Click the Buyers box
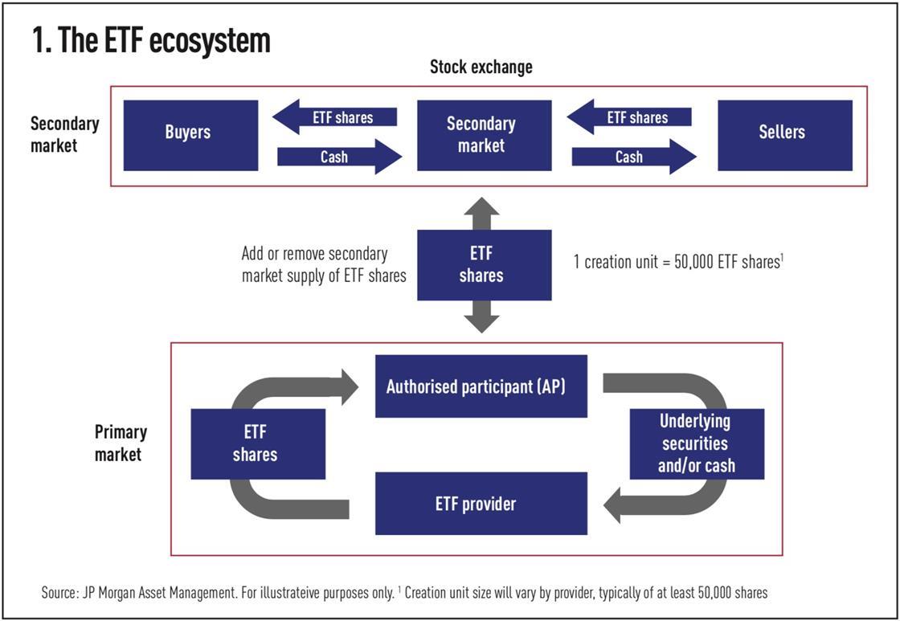pos(190,135)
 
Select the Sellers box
pos(784,135)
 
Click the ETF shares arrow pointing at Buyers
pos(335,117)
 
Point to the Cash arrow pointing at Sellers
pos(633,157)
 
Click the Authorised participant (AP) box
pos(481,386)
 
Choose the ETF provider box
pos(481,504)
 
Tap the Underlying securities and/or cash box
pos(697,443)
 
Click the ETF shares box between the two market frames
pos(484,264)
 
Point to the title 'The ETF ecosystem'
pos(151,40)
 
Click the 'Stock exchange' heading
pos(481,67)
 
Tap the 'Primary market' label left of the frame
pos(121,443)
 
